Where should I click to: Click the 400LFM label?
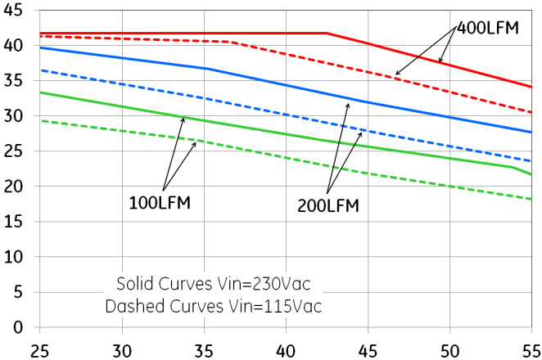pos(488,27)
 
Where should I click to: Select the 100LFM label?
pos(160,202)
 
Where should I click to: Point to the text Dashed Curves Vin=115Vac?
pos(214,307)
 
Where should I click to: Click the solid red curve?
pos(205,34)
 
